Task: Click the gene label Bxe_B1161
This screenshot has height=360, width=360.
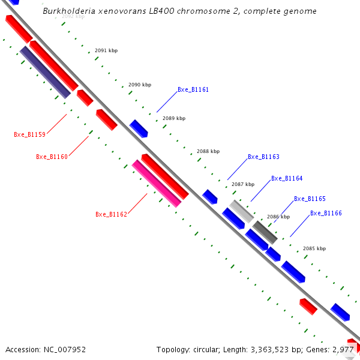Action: click(193, 90)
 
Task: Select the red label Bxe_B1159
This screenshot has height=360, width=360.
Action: click(29, 134)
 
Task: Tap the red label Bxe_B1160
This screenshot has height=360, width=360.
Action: click(52, 157)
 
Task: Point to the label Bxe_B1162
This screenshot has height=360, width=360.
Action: click(111, 215)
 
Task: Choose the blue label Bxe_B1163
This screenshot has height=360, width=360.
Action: click(263, 157)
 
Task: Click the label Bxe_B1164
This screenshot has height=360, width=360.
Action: click(287, 179)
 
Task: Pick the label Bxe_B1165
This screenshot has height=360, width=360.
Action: click(310, 199)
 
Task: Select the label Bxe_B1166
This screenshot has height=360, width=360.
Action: click(326, 214)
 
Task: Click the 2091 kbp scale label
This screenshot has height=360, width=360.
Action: click(106, 51)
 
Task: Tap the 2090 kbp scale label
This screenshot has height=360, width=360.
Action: click(140, 85)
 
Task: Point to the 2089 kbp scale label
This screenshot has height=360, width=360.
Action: click(174, 119)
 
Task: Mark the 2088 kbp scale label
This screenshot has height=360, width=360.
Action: click(208, 152)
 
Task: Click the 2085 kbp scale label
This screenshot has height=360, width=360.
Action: click(314, 248)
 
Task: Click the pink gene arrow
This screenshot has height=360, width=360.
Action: click(157, 184)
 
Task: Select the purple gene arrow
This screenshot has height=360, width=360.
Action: click(45, 72)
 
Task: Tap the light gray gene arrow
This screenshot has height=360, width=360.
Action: click(241, 211)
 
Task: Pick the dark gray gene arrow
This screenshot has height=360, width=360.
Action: click(265, 232)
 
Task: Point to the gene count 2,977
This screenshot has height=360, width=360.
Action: click(344, 349)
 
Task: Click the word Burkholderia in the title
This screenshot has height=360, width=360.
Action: click(67, 11)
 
